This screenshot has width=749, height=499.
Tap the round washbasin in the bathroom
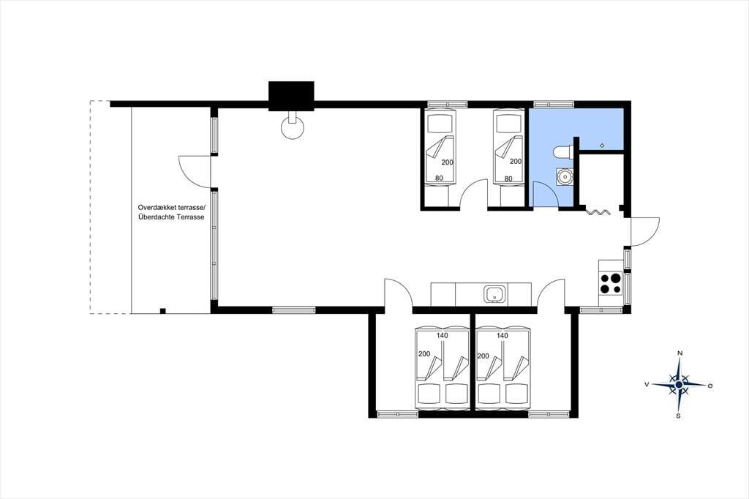point(564,176)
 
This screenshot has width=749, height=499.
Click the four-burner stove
point(611,282)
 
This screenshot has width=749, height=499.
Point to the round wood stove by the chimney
point(292,125)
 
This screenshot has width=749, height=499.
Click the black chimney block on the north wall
point(291,96)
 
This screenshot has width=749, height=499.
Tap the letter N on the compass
point(680,353)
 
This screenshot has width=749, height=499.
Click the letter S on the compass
point(678,416)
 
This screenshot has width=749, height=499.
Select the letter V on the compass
point(647,384)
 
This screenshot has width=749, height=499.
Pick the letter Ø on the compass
point(710,386)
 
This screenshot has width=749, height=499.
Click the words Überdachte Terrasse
point(171,217)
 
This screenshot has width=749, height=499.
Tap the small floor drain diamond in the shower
point(603,146)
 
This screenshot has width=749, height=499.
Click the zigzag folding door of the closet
point(598,211)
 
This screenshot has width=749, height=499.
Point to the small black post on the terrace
point(162,311)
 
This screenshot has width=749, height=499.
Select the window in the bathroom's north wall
point(554,103)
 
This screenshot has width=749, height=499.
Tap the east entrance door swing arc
point(645,232)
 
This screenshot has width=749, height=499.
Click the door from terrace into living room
point(195,171)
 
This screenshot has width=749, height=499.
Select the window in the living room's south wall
point(294,309)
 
